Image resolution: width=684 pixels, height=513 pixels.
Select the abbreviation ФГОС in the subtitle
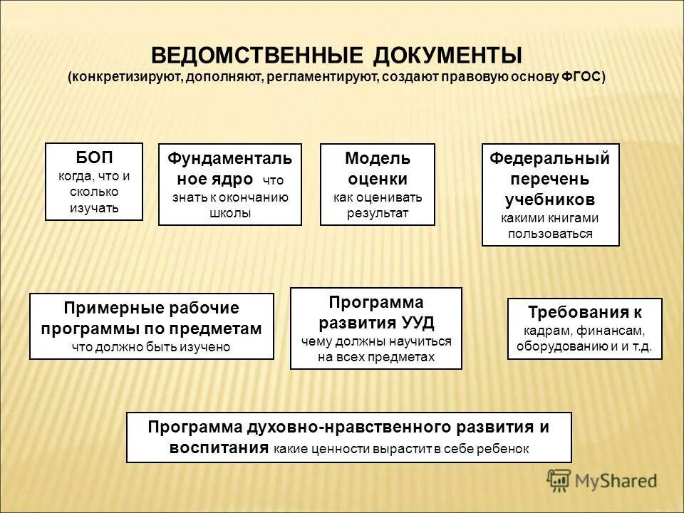tap(581, 77)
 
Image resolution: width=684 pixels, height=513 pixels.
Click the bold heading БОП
tap(94, 157)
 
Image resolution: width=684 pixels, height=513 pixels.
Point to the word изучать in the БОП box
tap(94, 208)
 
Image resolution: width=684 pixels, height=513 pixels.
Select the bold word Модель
tap(378, 157)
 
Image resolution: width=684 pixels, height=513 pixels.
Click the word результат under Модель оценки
tap(378, 213)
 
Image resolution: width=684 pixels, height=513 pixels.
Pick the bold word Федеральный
tap(550, 157)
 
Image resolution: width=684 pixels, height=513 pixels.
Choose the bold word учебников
tap(550, 199)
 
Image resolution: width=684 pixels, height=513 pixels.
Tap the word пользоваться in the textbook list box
tap(550, 234)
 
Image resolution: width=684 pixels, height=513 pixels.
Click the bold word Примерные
tap(106, 309)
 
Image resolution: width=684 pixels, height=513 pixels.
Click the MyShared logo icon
tap(559, 481)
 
